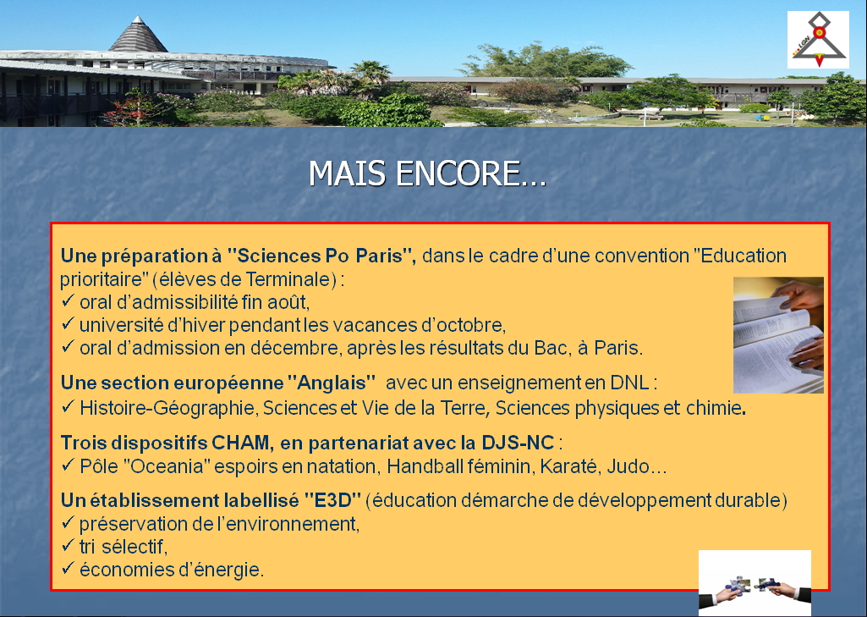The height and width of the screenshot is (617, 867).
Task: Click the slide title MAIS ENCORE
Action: coord(427,174)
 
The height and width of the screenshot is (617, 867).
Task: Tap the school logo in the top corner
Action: coord(818,40)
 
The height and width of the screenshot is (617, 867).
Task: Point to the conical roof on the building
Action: coord(138,35)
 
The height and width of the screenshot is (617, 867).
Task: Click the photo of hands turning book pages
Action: coord(778,335)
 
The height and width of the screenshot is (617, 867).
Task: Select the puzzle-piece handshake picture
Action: coord(755,582)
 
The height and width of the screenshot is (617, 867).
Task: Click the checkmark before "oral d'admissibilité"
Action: coord(68,301)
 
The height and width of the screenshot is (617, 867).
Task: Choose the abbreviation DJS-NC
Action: coord(518,443)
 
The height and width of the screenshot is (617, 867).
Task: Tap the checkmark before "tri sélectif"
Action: coord(68,546)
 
